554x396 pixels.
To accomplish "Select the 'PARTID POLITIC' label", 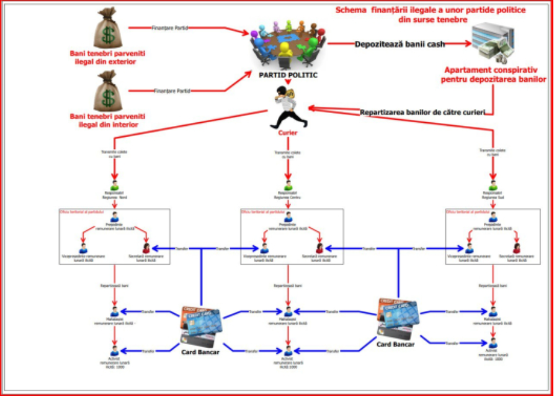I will pos(288,74).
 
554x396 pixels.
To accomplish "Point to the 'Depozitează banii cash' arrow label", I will pos(400,44).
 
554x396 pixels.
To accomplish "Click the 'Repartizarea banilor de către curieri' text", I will pos(422,112).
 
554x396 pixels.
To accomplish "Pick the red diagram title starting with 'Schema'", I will pos(431,15).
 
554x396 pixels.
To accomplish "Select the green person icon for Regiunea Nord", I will pos(114,186).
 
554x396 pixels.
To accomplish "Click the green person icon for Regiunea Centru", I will pos(288,186).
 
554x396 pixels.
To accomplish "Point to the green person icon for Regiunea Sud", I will pos(493,186).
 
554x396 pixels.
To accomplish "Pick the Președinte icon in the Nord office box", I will pos(114,217).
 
